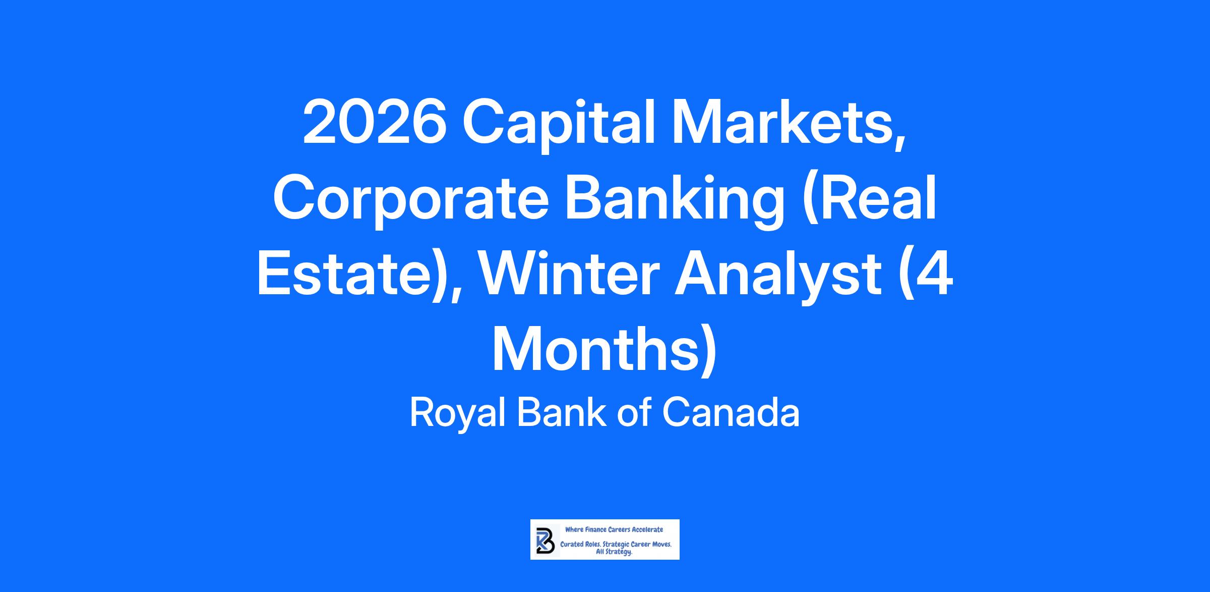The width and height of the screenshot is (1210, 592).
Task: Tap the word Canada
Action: (x=731, y=413)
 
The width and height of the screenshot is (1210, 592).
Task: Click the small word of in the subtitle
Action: (x=634, y=412)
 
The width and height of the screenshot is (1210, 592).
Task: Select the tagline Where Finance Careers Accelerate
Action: (x=614, y=529)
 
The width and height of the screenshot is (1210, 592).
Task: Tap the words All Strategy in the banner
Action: (x=614, y=552)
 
